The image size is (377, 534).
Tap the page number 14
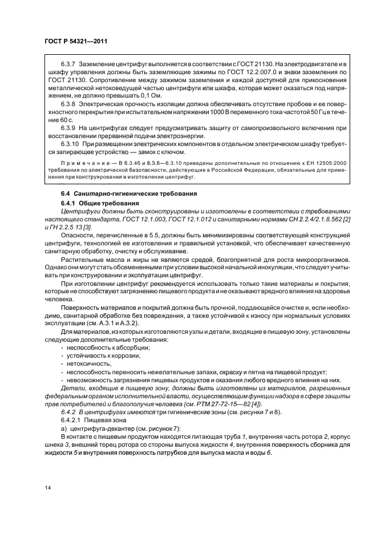pyautogui.click(x=47, y=488)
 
